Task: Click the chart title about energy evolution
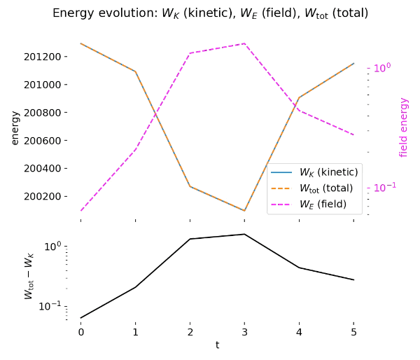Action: tap(210, 13)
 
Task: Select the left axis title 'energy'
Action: tap(15, 127)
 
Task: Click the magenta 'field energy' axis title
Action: tap(404, 127)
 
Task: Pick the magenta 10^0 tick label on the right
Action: tap(381, 68)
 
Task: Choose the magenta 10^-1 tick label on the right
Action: tap(384, 187)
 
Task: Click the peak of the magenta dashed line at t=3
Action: tap(244, 43)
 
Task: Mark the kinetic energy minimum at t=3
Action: tap(244, 210)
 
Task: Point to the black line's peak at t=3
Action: tap(244, 234)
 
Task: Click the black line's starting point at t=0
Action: tap(80, 318)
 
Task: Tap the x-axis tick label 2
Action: tap(190, 332)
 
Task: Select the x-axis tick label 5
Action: tap(353, 332)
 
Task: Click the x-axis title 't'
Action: tap(217, 345)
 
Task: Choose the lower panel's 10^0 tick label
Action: tap(54, 247)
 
